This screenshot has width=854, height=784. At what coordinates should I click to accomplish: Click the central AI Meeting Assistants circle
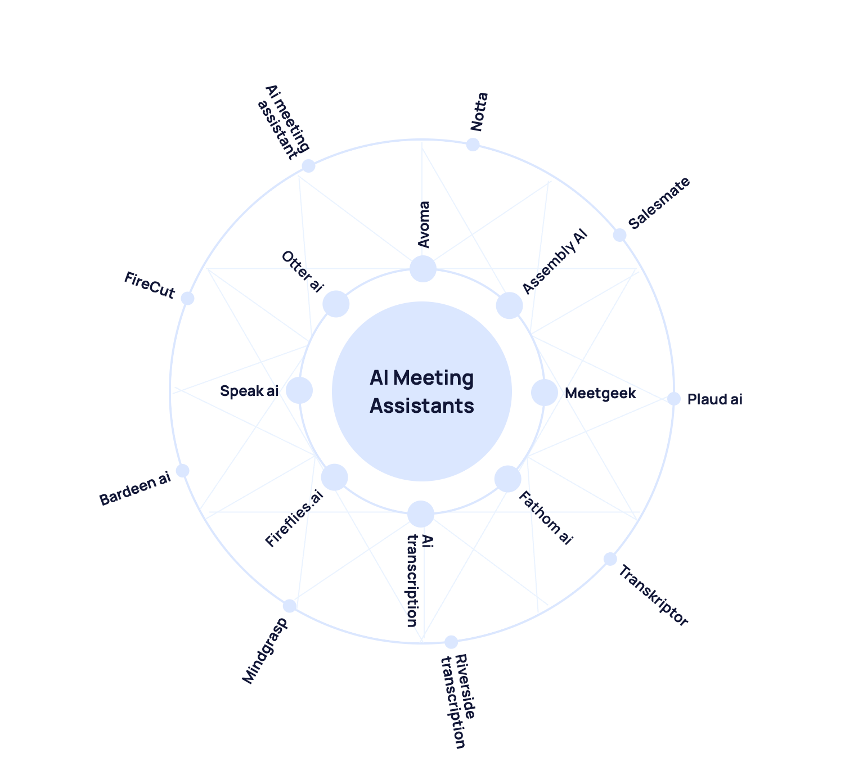422,391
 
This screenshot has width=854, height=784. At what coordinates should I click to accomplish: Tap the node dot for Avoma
422,268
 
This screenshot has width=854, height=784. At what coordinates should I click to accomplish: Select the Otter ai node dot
336,304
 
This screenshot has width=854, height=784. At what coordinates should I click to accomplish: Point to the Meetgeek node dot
544,392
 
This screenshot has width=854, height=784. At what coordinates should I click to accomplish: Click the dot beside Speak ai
299,390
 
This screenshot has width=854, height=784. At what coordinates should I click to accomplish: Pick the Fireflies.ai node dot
334,477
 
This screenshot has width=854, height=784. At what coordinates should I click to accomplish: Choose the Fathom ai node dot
507,479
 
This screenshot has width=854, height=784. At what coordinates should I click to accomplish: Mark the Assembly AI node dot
509,305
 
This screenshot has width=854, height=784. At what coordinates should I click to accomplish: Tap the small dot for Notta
473,145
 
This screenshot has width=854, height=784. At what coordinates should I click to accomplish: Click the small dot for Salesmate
619,235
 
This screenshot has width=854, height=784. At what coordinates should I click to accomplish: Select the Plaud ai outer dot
674,399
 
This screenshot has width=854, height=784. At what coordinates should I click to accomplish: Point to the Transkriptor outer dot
610,559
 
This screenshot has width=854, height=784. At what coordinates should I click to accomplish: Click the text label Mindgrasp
265,651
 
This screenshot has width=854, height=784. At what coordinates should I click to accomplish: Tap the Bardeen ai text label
135,489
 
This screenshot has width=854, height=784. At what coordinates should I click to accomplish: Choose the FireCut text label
150,286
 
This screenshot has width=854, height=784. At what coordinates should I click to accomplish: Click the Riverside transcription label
459,701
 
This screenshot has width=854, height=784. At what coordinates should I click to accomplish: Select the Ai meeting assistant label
283,122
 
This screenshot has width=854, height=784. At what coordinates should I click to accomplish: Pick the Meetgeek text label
600,393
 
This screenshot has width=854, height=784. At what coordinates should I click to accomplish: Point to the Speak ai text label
249,391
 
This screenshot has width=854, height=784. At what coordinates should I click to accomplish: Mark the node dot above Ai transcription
421,513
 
